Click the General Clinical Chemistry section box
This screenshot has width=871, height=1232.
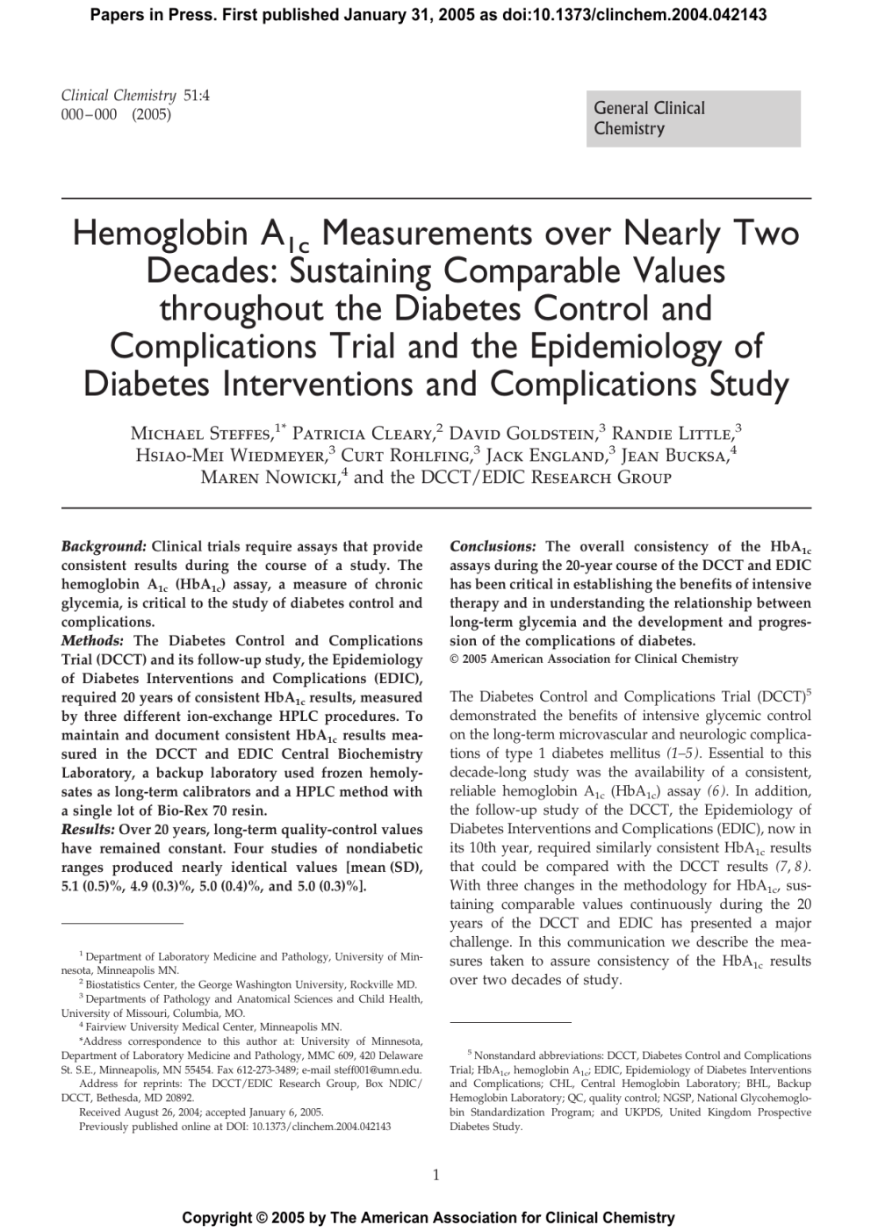[693, 119]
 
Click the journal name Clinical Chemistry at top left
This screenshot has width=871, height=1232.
[119, 96]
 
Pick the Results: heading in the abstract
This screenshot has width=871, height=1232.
[88, 830]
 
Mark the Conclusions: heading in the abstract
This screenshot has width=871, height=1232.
[493, 546]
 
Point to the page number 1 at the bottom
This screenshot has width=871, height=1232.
[435, 1175]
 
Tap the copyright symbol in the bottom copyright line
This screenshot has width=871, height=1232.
[261, 1218]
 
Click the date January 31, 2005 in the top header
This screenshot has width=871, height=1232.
[398, 15]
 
